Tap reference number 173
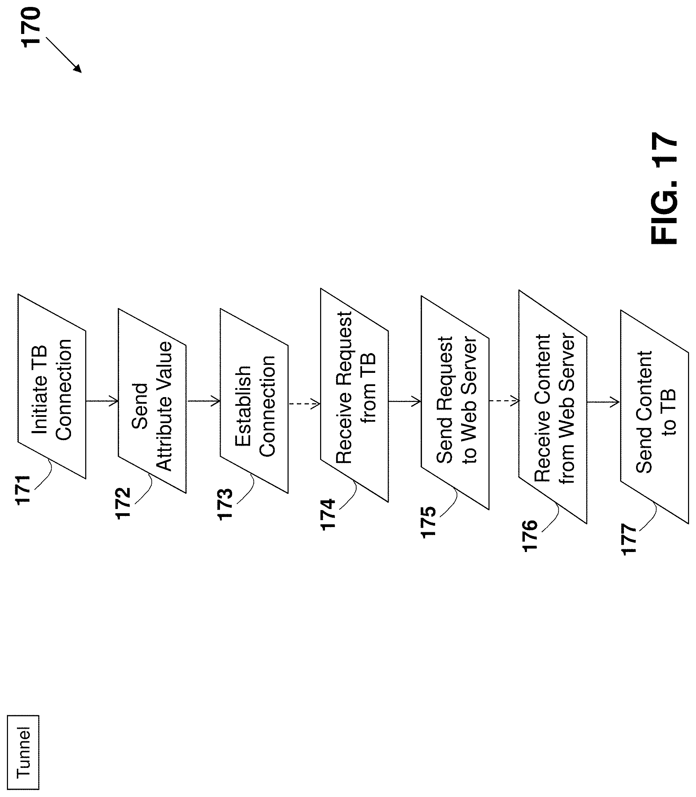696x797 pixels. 225,504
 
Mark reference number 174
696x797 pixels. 328,514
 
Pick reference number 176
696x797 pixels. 530,536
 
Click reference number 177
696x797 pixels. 629,540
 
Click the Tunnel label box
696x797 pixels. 23,752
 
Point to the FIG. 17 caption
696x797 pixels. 664,189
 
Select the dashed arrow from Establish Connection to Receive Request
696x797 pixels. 304,404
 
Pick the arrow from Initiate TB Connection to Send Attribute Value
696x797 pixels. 102,401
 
